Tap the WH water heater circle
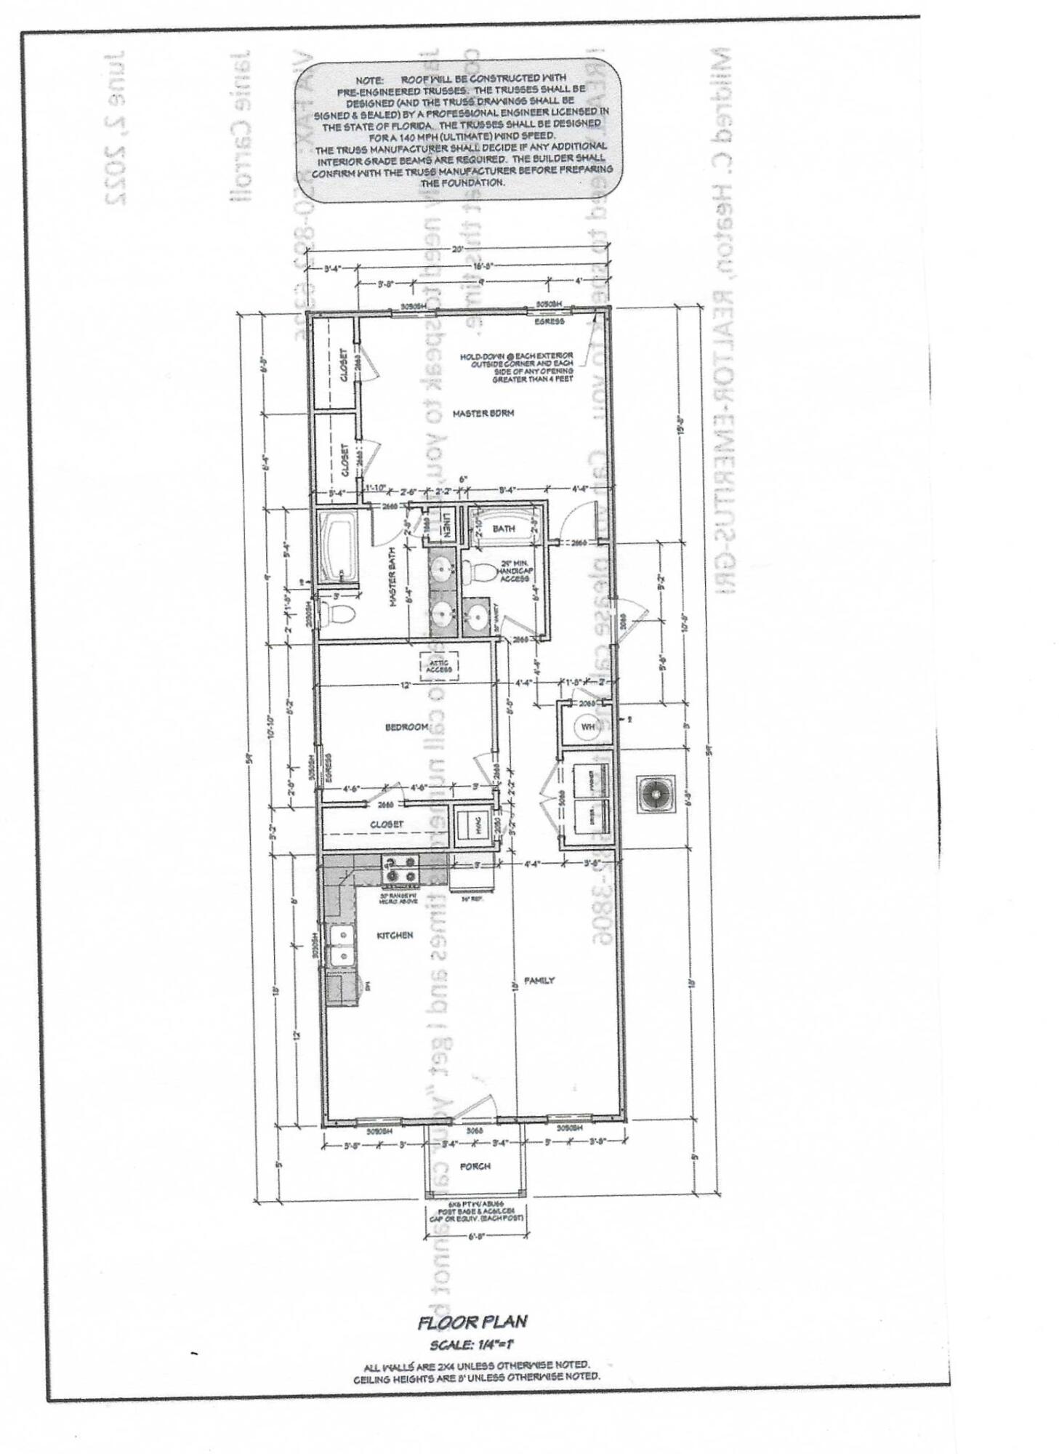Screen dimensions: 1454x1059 point(587,726)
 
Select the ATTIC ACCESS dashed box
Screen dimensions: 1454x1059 point(439,665)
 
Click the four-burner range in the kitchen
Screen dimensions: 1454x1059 point(400,869)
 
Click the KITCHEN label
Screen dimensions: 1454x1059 point(395,935)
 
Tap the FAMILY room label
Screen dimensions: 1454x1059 point(539,980)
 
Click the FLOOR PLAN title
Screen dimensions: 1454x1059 point(472,1322)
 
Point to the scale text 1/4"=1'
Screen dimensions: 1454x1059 point(472,1345)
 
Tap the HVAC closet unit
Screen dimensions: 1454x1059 point(468,824)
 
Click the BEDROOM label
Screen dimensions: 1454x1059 point(406,727)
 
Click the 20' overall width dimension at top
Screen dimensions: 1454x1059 point(456,249)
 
